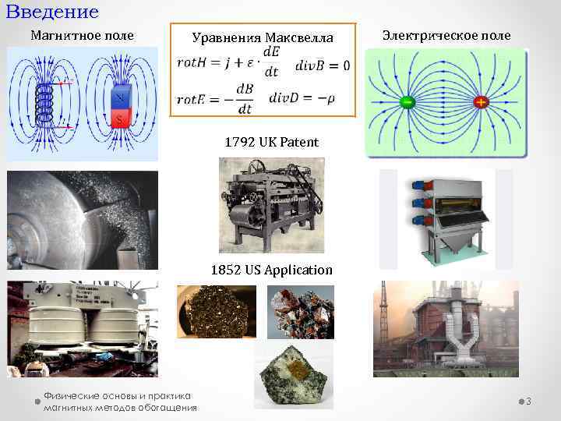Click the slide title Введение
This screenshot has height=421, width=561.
coord(52,12)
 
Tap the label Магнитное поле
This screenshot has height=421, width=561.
coord(82,35)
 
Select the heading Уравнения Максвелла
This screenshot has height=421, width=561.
coord(263,37)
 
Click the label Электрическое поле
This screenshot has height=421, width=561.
coord(446,35)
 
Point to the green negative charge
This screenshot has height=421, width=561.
coord(406,103)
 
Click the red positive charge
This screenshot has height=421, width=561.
coord(480,103)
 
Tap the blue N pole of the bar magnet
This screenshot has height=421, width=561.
coord(119,99)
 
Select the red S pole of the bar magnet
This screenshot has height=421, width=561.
coord(119,118)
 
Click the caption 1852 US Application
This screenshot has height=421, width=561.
coord(271,270)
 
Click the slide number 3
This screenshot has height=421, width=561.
coord(528,402)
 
